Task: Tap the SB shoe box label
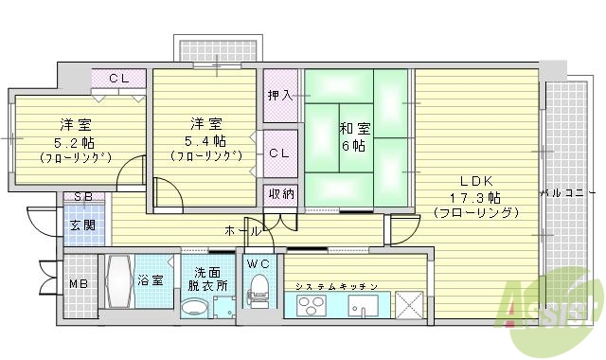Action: coord(81,198)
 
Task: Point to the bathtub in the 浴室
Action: coord(118,282)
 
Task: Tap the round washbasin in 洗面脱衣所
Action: coord(193,308)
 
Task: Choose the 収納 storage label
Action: coord(280,194)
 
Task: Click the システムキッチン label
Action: coord(336,286)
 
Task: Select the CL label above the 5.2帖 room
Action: coord(119,80)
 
